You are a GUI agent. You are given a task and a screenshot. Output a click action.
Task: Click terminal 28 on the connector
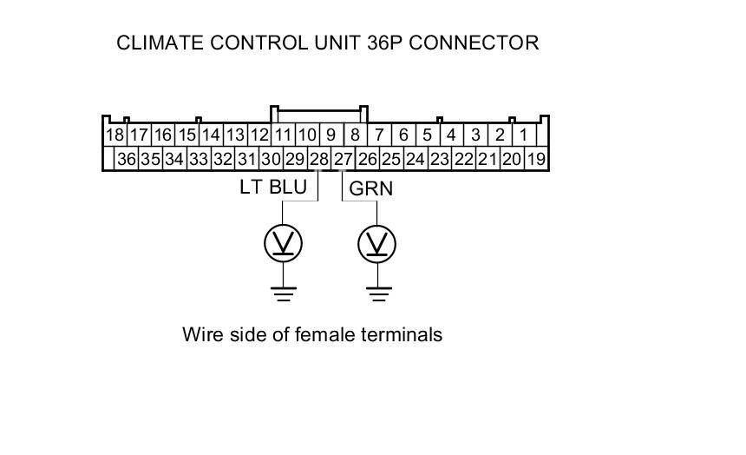[319, 159]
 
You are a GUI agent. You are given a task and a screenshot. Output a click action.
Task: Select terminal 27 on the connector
[344, 159]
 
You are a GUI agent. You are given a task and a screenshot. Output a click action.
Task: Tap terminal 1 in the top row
[524, 135]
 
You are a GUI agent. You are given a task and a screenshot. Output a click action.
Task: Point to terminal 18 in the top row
[115, 135]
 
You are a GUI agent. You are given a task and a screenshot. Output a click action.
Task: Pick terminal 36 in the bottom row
[127, 159]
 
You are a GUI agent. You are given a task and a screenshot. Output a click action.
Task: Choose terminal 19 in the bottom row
[536, 159]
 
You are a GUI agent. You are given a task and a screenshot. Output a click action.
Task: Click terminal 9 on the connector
[330, 135]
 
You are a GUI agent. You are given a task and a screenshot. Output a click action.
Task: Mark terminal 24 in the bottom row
[416, 159]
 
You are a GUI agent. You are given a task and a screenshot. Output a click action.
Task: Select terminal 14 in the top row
[211, 135]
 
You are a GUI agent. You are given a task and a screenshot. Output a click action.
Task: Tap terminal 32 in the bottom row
[223, 159]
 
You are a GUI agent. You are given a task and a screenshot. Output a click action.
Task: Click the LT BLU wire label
[272, 187]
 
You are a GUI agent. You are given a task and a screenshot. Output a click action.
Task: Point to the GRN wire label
[370, 188]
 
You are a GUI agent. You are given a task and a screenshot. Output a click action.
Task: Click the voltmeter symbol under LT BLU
[283, 244]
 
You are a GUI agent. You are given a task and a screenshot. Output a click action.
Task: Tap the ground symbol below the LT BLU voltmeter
[283, 293]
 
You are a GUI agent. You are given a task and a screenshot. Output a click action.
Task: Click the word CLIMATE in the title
[160, 43]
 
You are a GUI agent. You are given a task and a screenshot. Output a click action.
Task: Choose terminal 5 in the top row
[427, 135]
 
